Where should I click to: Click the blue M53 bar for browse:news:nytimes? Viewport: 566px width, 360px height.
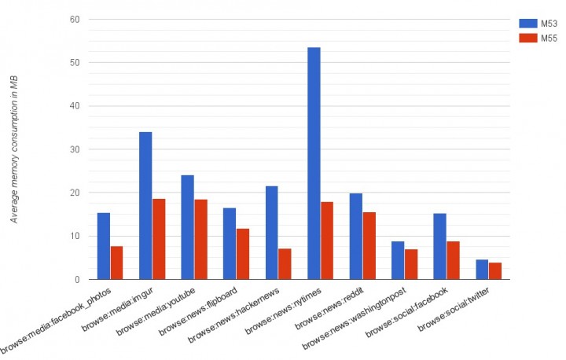pos(314,163)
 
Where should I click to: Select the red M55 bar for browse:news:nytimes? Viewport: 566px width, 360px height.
pos(327,241)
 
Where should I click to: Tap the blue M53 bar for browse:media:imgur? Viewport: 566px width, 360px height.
pos(145,206)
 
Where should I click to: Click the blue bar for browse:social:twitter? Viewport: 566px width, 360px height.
pos(482,270)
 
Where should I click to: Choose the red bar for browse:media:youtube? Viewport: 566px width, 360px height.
pos(201,240)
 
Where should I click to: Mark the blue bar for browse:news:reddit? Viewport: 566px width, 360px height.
pos(355,237)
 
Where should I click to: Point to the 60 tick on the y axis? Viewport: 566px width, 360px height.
pos(75,19)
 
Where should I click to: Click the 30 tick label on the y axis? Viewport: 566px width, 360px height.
pos(75,149)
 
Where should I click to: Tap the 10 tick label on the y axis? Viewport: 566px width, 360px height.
pos(75,236)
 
